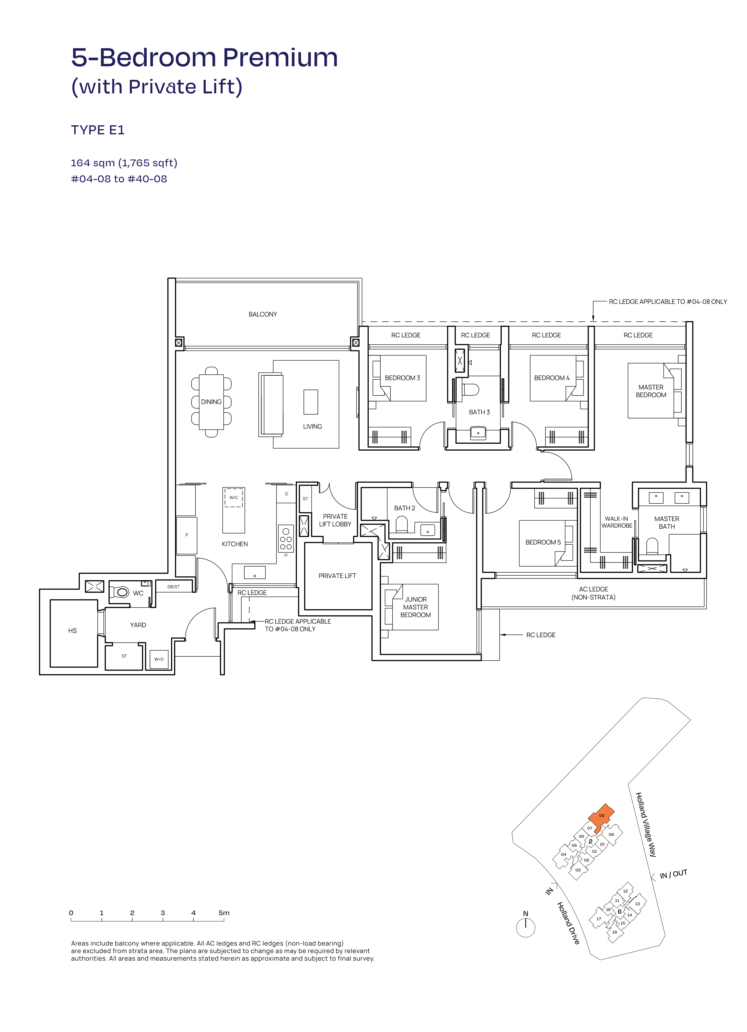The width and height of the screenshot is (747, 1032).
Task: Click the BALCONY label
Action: (x=262, y=314)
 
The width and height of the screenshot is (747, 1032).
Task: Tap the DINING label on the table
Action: (x=211, y=402)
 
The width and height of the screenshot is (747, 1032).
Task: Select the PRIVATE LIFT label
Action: (x=337, y=576)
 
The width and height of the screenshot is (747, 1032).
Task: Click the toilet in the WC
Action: (x=120, y=592)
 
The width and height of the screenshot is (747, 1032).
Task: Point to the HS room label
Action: (x=72, y=631)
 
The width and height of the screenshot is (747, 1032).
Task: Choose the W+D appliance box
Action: (x=159, y=659)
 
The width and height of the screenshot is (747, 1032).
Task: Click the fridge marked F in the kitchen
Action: (x=186, y=535)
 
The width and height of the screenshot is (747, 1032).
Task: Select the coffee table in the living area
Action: (x=311, y=402)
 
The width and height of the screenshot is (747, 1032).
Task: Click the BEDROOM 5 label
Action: (x=543, y=542)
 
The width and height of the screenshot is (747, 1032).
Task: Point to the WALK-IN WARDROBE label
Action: (x=617, y=522)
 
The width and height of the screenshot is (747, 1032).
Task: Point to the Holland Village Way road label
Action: (x=646, y=824)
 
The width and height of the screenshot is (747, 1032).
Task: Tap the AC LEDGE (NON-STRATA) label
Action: (x=593, y=593)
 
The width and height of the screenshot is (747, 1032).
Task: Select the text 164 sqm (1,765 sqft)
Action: (x=124, y=163)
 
